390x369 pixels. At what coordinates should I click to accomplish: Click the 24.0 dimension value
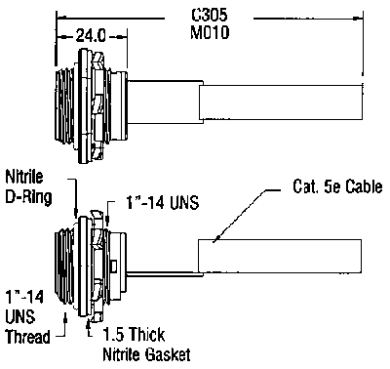(91, 35)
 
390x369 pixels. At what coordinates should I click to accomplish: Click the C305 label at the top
(210, 15)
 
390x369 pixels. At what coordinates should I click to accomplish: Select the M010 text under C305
(210, 32)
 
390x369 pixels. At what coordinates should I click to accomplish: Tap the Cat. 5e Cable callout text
(337, 186)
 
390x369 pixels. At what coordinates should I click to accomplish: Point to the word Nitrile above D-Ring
(24, 177)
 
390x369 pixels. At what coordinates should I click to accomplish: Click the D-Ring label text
(28, 197)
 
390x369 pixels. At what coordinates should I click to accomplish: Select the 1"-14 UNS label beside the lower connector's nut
(162, 203)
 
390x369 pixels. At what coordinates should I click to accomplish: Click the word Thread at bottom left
(28, 337)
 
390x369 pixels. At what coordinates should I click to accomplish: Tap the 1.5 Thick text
(134, 334)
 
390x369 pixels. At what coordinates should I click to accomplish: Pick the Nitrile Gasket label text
(146, 354)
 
